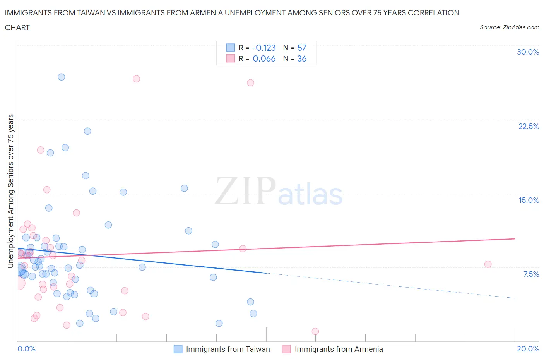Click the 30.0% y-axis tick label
tap(528, 52)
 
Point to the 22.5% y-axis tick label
tap(529, 126)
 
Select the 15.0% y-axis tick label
tap(529, 200)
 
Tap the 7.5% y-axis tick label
tap(531, 274)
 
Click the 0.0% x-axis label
tap(26, 349)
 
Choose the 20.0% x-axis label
tap(528, 349)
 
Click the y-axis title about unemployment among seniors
tap(10, 191)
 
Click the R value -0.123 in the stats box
tap(264, 48)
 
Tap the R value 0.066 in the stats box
tap(264, 58)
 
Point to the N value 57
tap(302, 48)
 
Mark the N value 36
tap(302, 58)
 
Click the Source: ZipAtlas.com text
tap(509, 27)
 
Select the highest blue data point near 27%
tap(61, 77)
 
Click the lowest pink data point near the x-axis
tap(315, 331)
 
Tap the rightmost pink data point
tap(488, 264)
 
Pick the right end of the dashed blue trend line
tap(515, 298)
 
